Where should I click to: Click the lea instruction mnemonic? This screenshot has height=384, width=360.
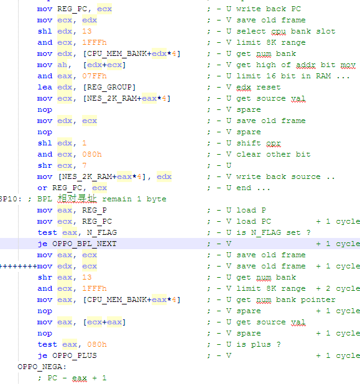45,87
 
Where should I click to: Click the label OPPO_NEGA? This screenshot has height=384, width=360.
42,367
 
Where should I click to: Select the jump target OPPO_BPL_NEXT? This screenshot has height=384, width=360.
85,244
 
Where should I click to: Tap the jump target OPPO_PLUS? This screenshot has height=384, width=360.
75,355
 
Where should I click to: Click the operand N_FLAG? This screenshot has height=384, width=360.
102,232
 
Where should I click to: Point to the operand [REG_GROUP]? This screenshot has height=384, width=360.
109,87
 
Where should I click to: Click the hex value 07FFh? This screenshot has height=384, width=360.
95,76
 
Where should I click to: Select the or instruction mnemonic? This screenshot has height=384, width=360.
42,188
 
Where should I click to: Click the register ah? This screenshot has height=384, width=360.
62,65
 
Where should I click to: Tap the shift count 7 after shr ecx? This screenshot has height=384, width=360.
85,165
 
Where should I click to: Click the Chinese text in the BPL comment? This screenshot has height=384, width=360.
77,199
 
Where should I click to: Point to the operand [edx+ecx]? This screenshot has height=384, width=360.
104,65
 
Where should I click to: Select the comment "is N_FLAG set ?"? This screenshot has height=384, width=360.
274,232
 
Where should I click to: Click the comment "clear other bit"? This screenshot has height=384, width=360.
274,154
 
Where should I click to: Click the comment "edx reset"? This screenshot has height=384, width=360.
259,87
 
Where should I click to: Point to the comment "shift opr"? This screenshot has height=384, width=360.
259,144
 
